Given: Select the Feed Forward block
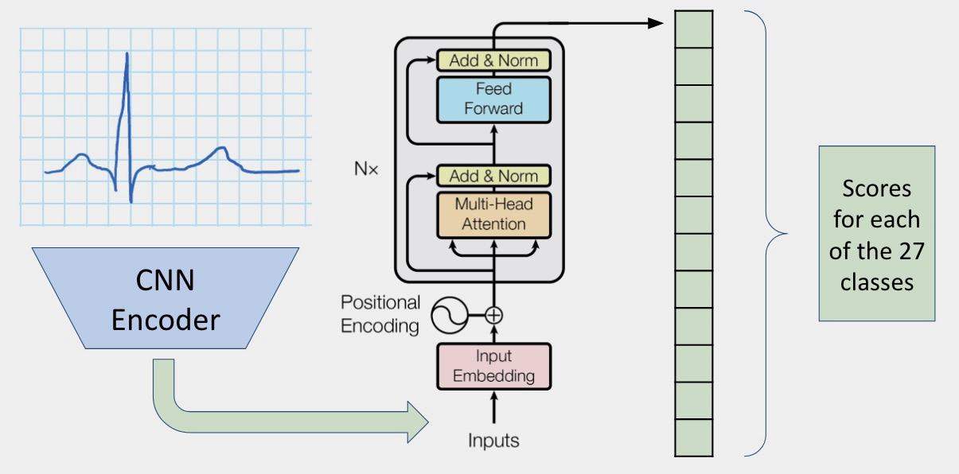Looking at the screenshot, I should [x=493, y=99].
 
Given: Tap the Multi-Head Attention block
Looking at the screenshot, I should [x=493, y=214].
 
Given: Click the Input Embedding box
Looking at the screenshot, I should [x=493, y=366].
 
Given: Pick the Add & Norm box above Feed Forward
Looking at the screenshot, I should [x=493, y=60].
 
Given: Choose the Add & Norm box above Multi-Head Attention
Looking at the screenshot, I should [x=493, y=176].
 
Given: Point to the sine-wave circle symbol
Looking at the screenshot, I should [x=449, y=316].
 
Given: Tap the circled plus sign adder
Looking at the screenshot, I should [x=494, y=316].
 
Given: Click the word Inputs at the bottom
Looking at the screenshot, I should [x=493, y=440].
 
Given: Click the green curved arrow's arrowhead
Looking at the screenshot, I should [x=419, y=422].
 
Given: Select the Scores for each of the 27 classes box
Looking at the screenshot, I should [x=876, y=233].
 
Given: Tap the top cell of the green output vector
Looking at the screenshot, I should [x=694, y=29].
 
